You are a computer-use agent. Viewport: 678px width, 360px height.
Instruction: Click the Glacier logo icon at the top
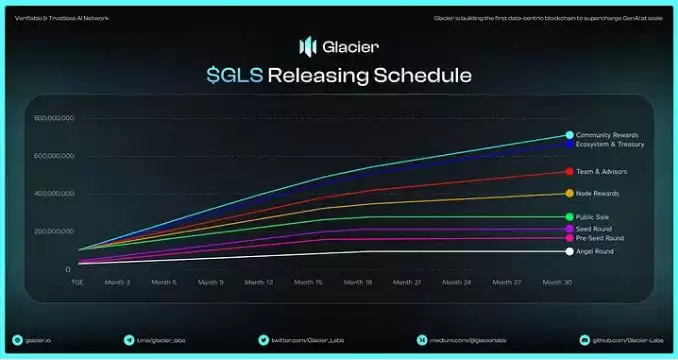pos(307,46)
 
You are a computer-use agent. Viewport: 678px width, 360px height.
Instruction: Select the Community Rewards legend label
pos(607,135)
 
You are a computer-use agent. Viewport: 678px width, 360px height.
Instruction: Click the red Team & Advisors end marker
pos(569,172)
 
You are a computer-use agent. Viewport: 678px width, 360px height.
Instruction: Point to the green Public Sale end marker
pos(569,217)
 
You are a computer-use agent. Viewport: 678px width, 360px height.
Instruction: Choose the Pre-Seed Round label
pos(601,238)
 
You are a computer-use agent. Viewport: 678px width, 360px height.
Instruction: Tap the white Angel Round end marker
pos(569,251)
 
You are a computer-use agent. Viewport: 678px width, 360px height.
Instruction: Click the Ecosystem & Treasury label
pos(610,144)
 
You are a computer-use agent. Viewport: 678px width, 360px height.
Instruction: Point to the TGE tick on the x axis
pos(76,282)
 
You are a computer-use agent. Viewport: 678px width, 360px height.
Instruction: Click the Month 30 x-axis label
pos(557,282)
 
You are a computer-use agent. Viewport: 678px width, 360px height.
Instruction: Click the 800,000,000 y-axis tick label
pos(54,119)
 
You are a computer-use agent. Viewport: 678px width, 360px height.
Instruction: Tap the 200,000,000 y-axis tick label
pos(54,231)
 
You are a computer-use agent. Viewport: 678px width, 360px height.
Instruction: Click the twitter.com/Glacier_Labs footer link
pos(300,340)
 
